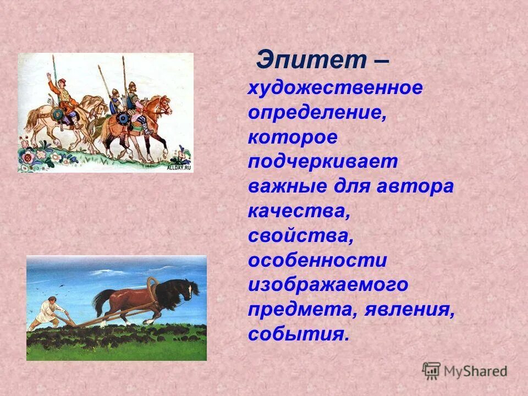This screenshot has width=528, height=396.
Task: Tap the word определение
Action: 316,113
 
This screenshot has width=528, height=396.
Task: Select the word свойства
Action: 300,236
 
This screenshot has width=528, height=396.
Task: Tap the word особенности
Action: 317,261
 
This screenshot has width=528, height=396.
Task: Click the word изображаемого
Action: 328,285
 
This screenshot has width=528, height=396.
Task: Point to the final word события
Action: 299,334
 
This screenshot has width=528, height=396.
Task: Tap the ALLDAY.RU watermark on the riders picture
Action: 179,168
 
